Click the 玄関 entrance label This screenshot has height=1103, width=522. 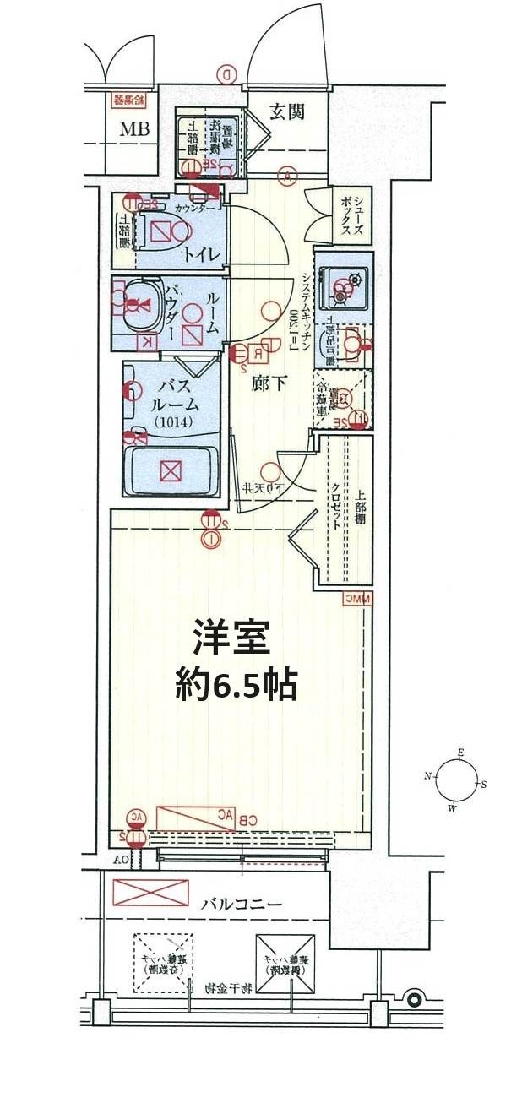point(287,111)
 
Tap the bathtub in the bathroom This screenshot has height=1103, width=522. point(171,469)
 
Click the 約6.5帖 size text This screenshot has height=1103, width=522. point(236,685)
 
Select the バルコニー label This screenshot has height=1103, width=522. point(241,904)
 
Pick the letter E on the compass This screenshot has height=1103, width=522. point(460,752)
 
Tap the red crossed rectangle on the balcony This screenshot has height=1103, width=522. point(150,892)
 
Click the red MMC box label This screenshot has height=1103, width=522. point(356,599)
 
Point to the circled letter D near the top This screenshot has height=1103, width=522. point(227,74)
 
